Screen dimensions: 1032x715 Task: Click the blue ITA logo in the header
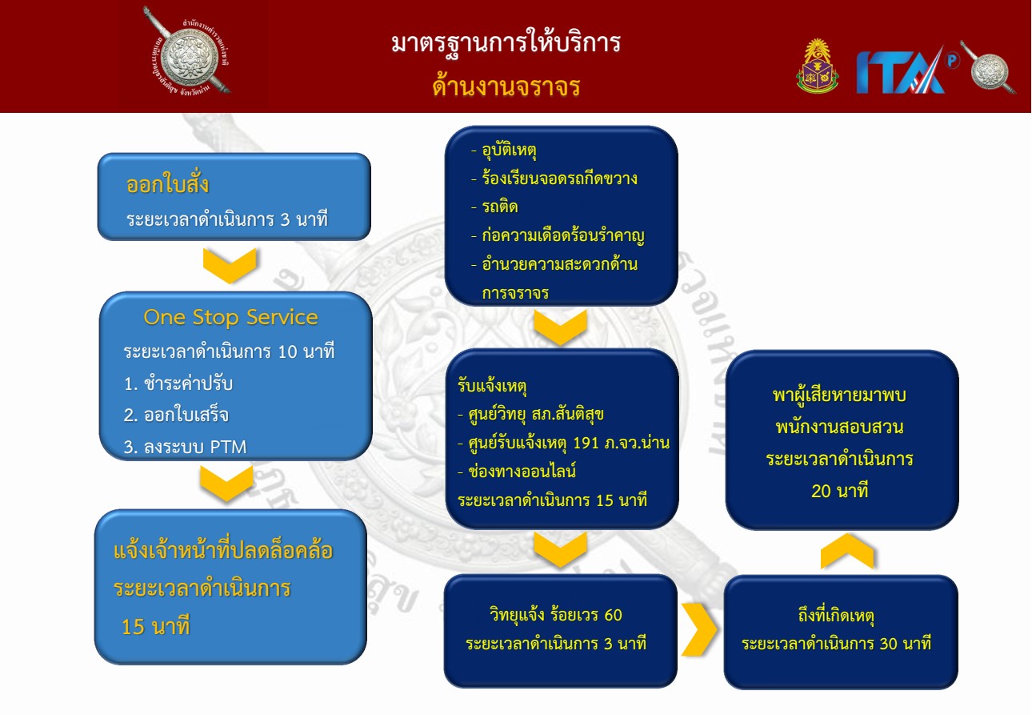click(901, 71)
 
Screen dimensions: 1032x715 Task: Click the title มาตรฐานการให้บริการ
click(506, 43)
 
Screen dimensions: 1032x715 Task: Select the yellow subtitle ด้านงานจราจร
click(506, 86)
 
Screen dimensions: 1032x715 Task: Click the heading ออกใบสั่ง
click(167, 184)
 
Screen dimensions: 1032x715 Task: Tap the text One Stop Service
click(230, 317)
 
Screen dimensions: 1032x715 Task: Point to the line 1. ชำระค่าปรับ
click(178, 384)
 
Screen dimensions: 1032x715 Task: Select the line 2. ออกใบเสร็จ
click(176, 415)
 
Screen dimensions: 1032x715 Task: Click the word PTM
click(228, 447)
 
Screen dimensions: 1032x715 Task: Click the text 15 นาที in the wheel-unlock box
click(155, 626)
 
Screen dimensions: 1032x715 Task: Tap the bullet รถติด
click(494, 207)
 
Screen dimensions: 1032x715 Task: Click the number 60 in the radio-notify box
click(613, 615)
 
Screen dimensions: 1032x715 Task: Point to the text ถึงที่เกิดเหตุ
click(836, 616)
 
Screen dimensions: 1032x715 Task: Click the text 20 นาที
click(839, 491)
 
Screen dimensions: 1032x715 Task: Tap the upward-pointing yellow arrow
click(846, 551)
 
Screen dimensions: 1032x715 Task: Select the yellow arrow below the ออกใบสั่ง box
click(230, 266)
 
